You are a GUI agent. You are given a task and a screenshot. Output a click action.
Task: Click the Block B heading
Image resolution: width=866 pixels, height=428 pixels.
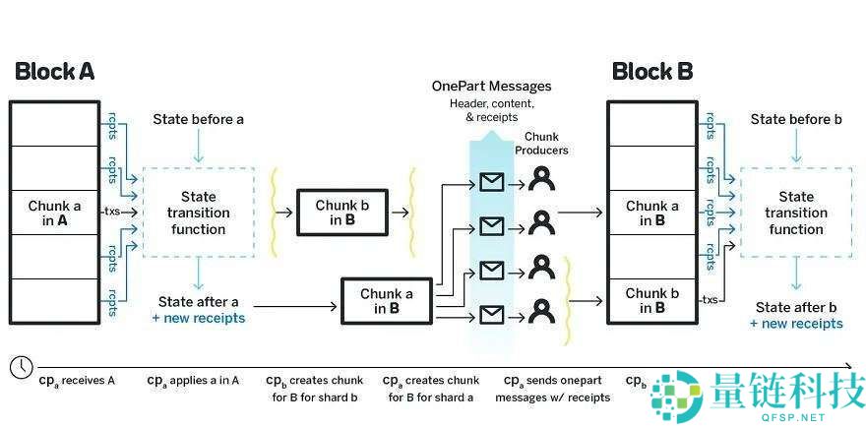click(651, 71)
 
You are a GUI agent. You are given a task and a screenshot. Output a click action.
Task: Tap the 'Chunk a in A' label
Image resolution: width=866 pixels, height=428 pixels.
click(54, 213)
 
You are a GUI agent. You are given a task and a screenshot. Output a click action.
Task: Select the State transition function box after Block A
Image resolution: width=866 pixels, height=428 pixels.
click(198, 213)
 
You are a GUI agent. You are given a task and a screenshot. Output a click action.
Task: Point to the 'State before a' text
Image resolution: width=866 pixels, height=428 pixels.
click(198, 120)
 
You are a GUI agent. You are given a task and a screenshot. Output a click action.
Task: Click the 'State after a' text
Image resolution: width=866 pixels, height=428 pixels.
click(198, 301)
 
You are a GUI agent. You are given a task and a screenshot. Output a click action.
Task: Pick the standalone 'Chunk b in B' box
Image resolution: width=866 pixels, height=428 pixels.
click(342, 213)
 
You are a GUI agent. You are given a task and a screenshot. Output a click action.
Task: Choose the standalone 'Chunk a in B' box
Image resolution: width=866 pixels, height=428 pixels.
click(386, 301)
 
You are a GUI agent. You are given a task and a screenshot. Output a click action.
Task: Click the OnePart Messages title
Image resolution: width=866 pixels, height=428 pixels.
click(491, 87)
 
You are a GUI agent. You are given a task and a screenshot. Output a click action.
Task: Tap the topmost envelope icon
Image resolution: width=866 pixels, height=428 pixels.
click(490, 181)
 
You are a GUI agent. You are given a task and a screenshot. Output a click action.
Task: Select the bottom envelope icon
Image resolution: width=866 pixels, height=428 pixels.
click(490, 314)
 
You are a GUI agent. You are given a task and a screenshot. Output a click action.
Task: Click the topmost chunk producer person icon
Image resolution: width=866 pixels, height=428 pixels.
click(540, 179)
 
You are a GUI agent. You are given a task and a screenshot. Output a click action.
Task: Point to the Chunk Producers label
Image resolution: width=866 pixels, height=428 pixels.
click(546, 144)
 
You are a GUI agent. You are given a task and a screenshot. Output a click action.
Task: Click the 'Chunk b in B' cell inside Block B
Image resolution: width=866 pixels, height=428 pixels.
click(651, 301)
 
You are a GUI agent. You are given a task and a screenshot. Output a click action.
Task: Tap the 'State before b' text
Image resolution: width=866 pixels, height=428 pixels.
click(795, 120)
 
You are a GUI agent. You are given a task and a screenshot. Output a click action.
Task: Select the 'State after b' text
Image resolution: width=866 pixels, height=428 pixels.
click(795, 306)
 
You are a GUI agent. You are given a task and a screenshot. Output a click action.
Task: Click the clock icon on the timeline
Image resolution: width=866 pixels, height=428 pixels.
click(21, 366)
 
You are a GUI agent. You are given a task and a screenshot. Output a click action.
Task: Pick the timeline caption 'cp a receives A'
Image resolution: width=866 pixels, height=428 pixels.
click(76, 380)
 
